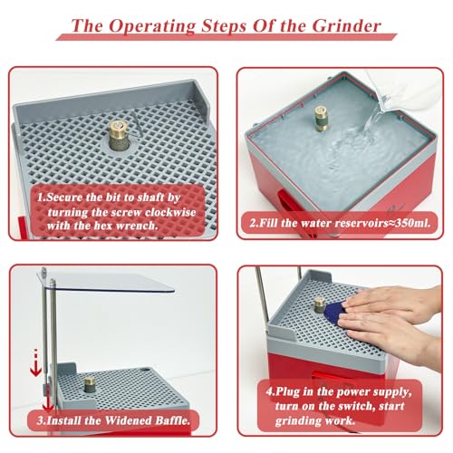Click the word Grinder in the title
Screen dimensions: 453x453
(x=346, y=26)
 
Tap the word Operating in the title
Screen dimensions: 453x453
(x=152, y=26)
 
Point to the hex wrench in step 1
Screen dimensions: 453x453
(x=137, y=124)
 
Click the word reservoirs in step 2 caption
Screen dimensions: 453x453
(x=361, y=223)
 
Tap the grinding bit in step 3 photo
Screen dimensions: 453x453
(x=90, y=384)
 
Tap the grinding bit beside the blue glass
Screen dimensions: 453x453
(x=320, y=305)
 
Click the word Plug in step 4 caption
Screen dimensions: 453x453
(x=288, y=392)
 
